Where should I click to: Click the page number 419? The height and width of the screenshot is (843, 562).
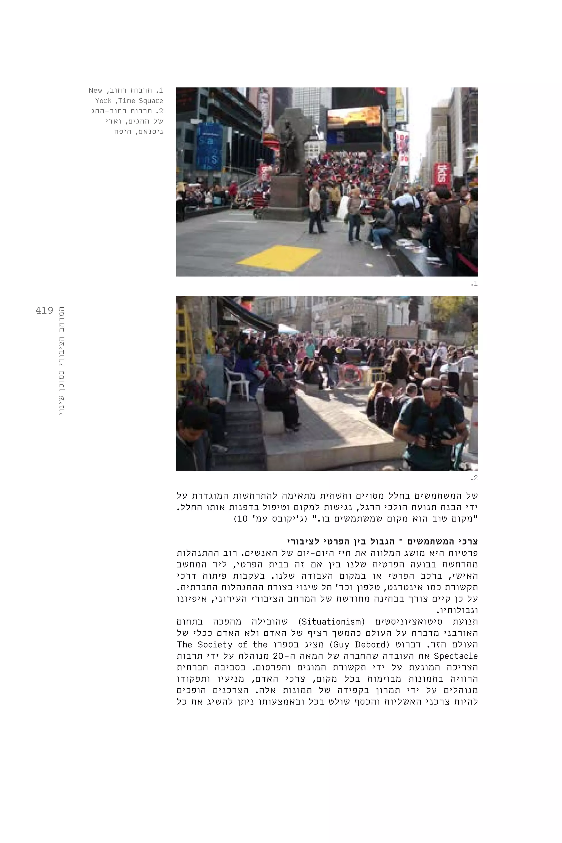(x=44, y=310)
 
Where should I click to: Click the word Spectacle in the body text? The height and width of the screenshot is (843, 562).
(x=456, y=656)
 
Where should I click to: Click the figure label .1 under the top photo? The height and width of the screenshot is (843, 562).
(x=474, y=283)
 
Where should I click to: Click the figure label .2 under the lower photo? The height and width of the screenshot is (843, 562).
(x=474, y=478)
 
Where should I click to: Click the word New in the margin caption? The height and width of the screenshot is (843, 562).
(x=95, y=90)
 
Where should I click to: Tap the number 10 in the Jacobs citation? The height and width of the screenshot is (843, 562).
(x=243, y=518)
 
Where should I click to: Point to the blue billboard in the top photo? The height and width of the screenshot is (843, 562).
(x=209, y=147)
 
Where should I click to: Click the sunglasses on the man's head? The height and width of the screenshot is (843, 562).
(x=432, y=387)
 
